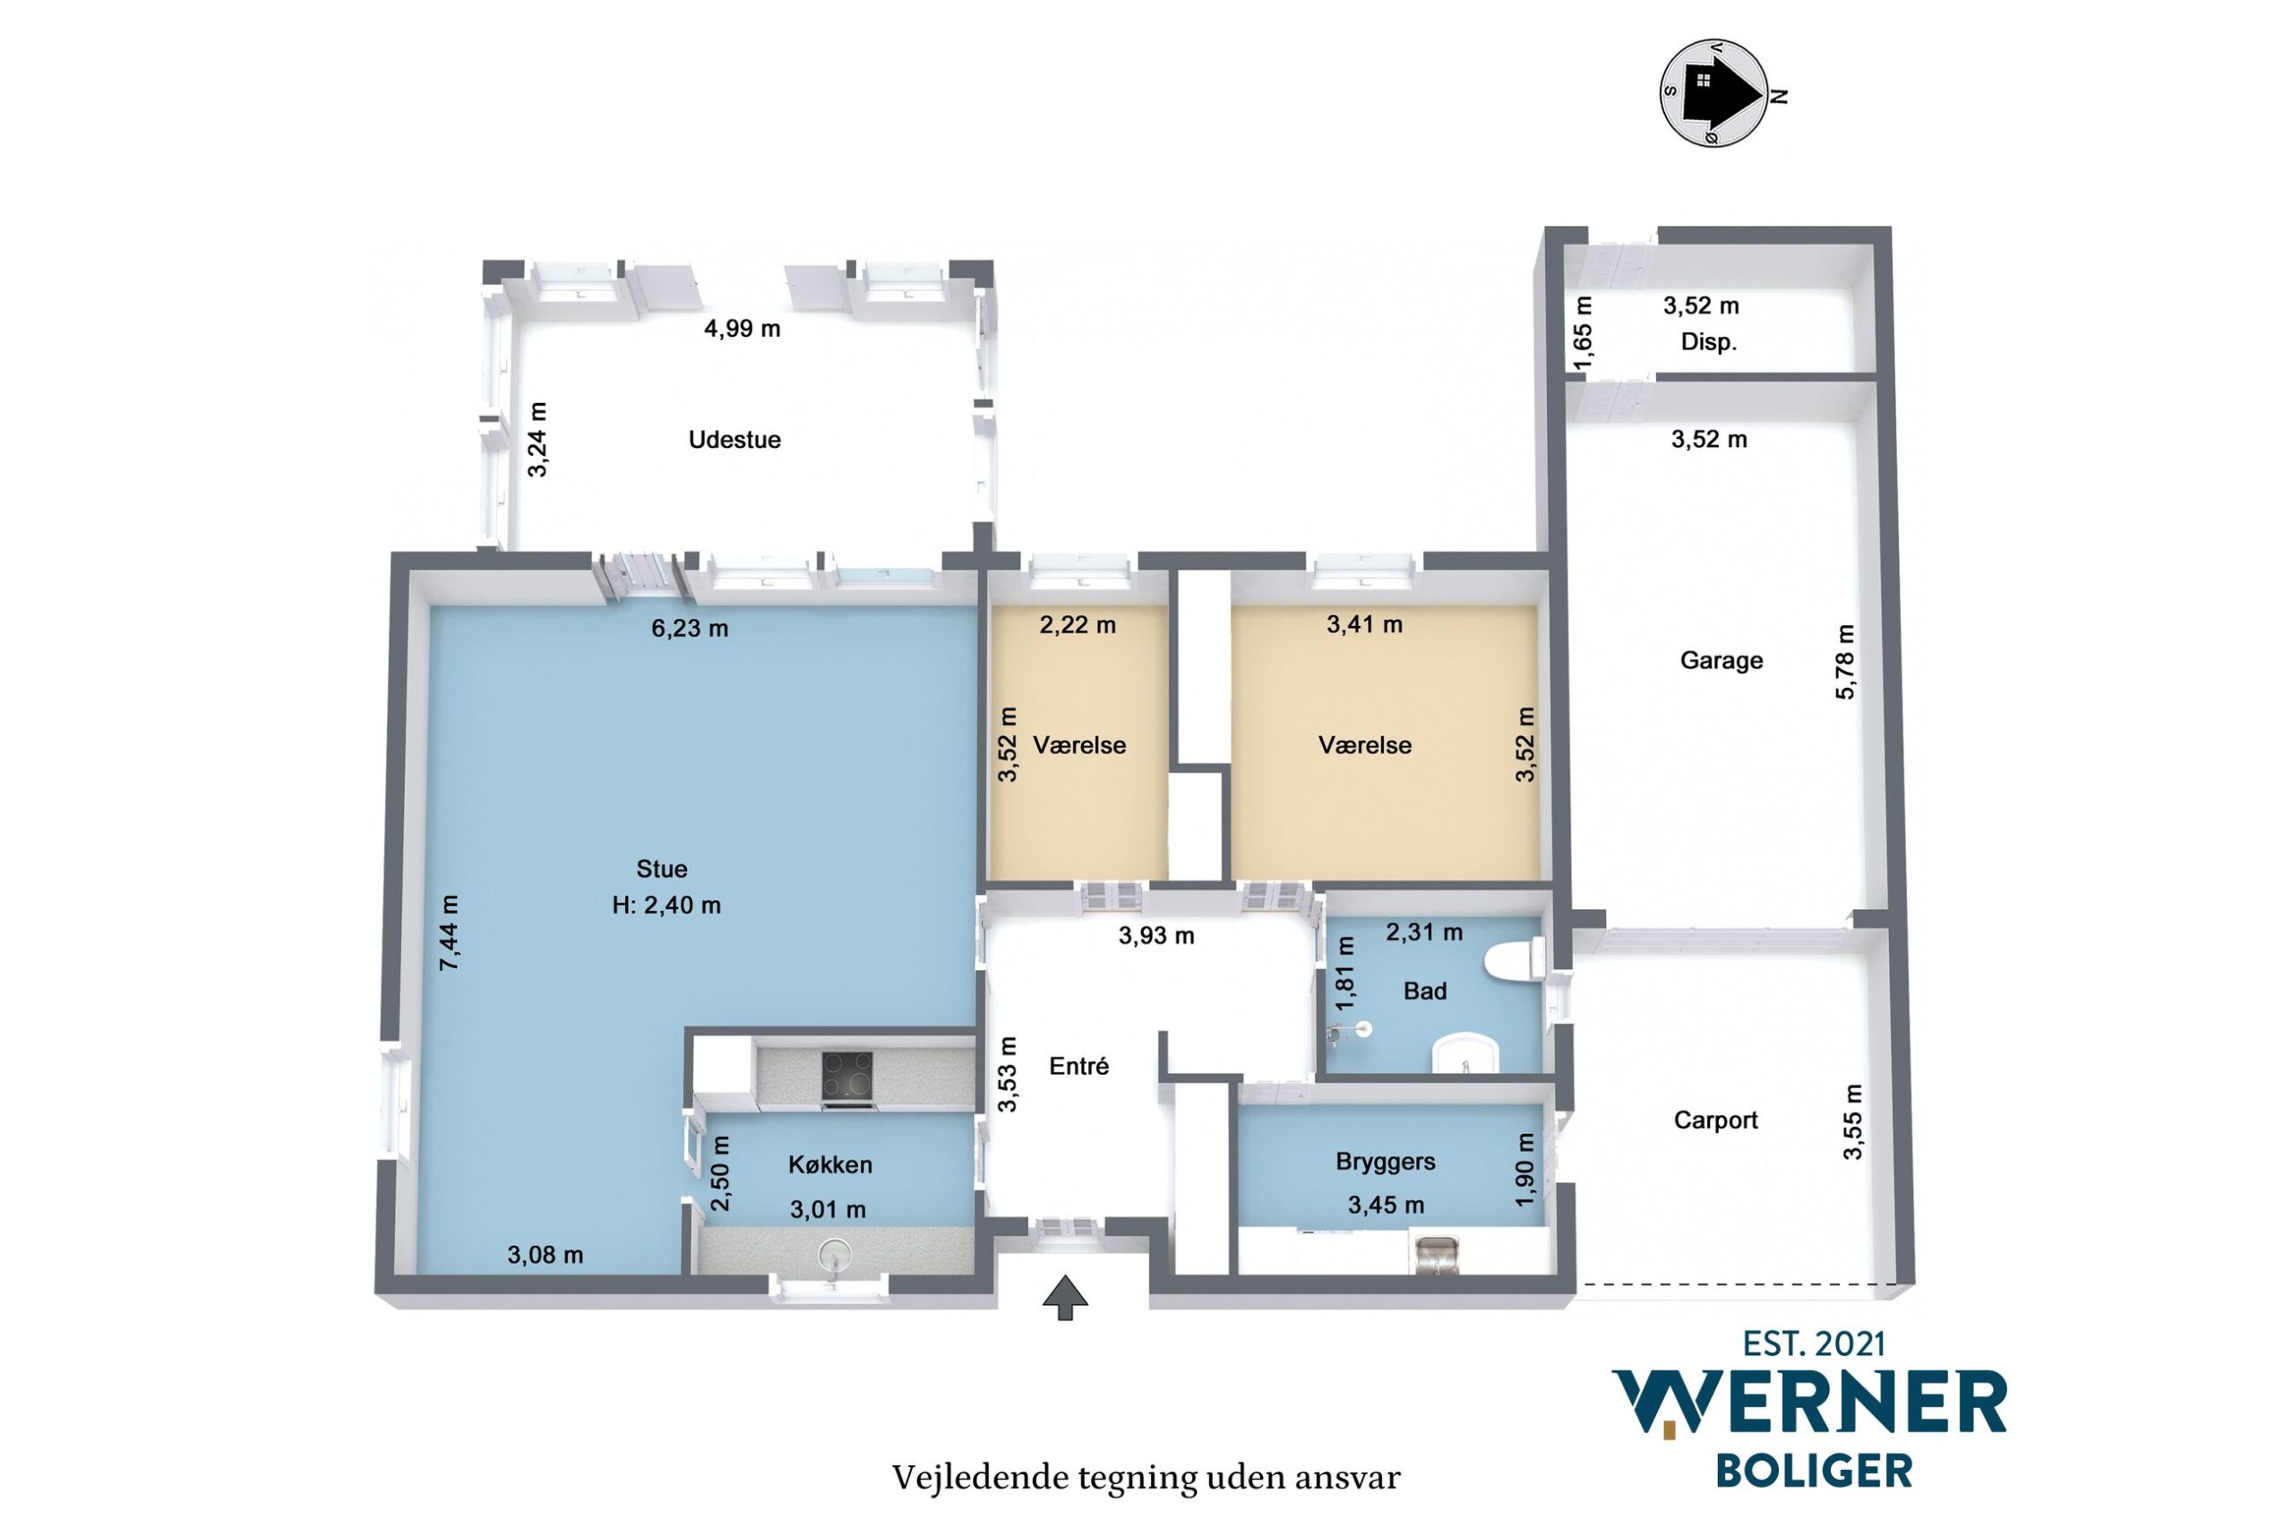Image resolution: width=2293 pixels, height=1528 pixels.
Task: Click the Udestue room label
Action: pyautogui.click(x=734, y=440)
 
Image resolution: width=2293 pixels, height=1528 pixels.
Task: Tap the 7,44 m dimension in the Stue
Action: pyautogui.click(x=450, y=932)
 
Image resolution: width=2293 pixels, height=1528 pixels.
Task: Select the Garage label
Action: pyautogui.click(x=1721, y=661)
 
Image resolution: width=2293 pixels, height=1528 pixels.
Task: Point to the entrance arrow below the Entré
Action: pyautogui.click(x=1065, y=1298)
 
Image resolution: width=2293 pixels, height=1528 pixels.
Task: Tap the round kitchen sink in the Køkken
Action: pyautogui.click(x=834, y=1251)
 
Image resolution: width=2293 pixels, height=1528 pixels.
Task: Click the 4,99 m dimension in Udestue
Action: pyautogui.click(x=743, y=329)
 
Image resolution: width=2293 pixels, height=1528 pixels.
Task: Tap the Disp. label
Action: pyautogui.click(x=1709, y=343)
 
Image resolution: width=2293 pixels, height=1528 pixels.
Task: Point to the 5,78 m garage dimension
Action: pyautogui.click(x=1846, y=662)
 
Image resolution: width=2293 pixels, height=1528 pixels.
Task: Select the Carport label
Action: pyautogui.click(x=1715, y=1120)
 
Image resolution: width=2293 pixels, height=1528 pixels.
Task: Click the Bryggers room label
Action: pyautogui.click(x=1385, y=1162)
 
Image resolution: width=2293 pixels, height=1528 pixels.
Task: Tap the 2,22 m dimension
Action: pyautogui.click(x=1078, y=624)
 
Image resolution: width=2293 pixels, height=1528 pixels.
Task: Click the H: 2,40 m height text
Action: pyautogui.click(x=666, y=906)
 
